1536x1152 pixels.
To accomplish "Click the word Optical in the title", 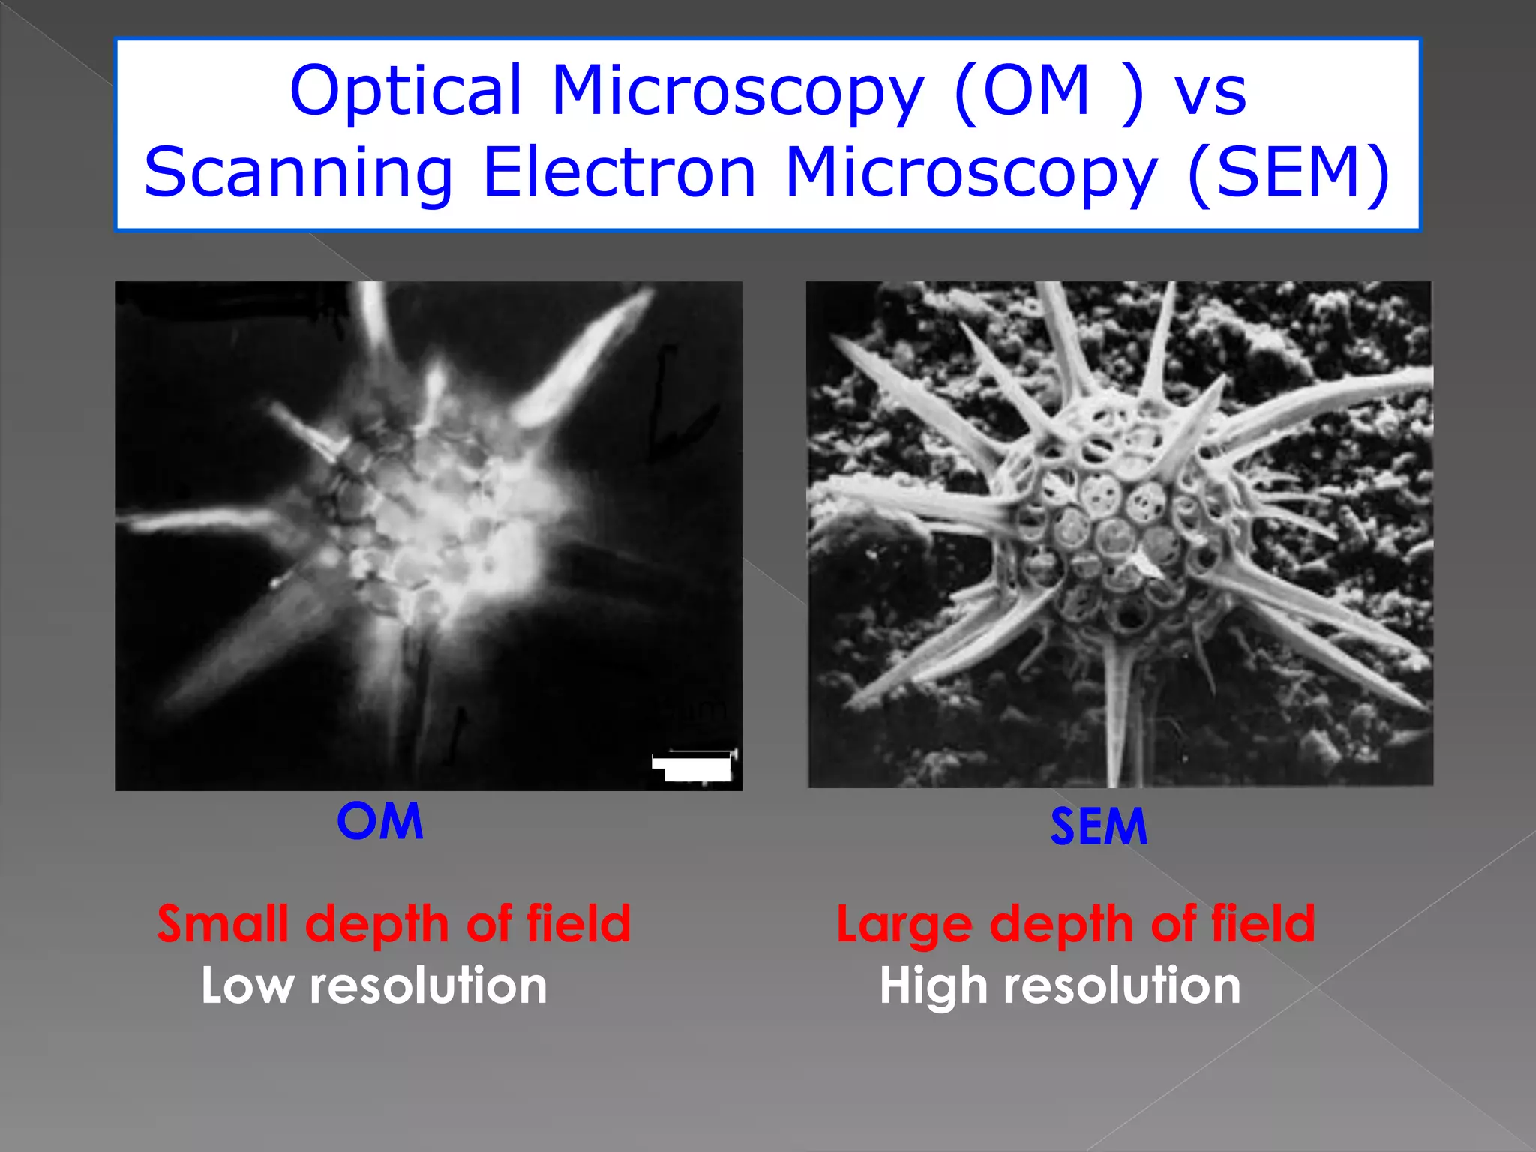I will [x=406, y=91].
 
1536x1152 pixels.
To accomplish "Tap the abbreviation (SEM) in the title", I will [x=1289, y=174].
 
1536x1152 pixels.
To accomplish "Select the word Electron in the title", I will [x=619, y=174].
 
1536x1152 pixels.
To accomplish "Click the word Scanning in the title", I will [x=298, y=174].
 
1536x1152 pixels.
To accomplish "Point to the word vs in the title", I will [x=1210, y=91].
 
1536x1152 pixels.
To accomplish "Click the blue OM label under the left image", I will [x=380, y=821].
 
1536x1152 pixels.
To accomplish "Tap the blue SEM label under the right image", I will [x=1099, y=826].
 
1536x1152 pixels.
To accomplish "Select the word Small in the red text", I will [x=223, y=923].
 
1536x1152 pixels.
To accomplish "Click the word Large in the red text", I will [x=905, y=925].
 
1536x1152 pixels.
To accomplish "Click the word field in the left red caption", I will [x=578, y=923].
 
